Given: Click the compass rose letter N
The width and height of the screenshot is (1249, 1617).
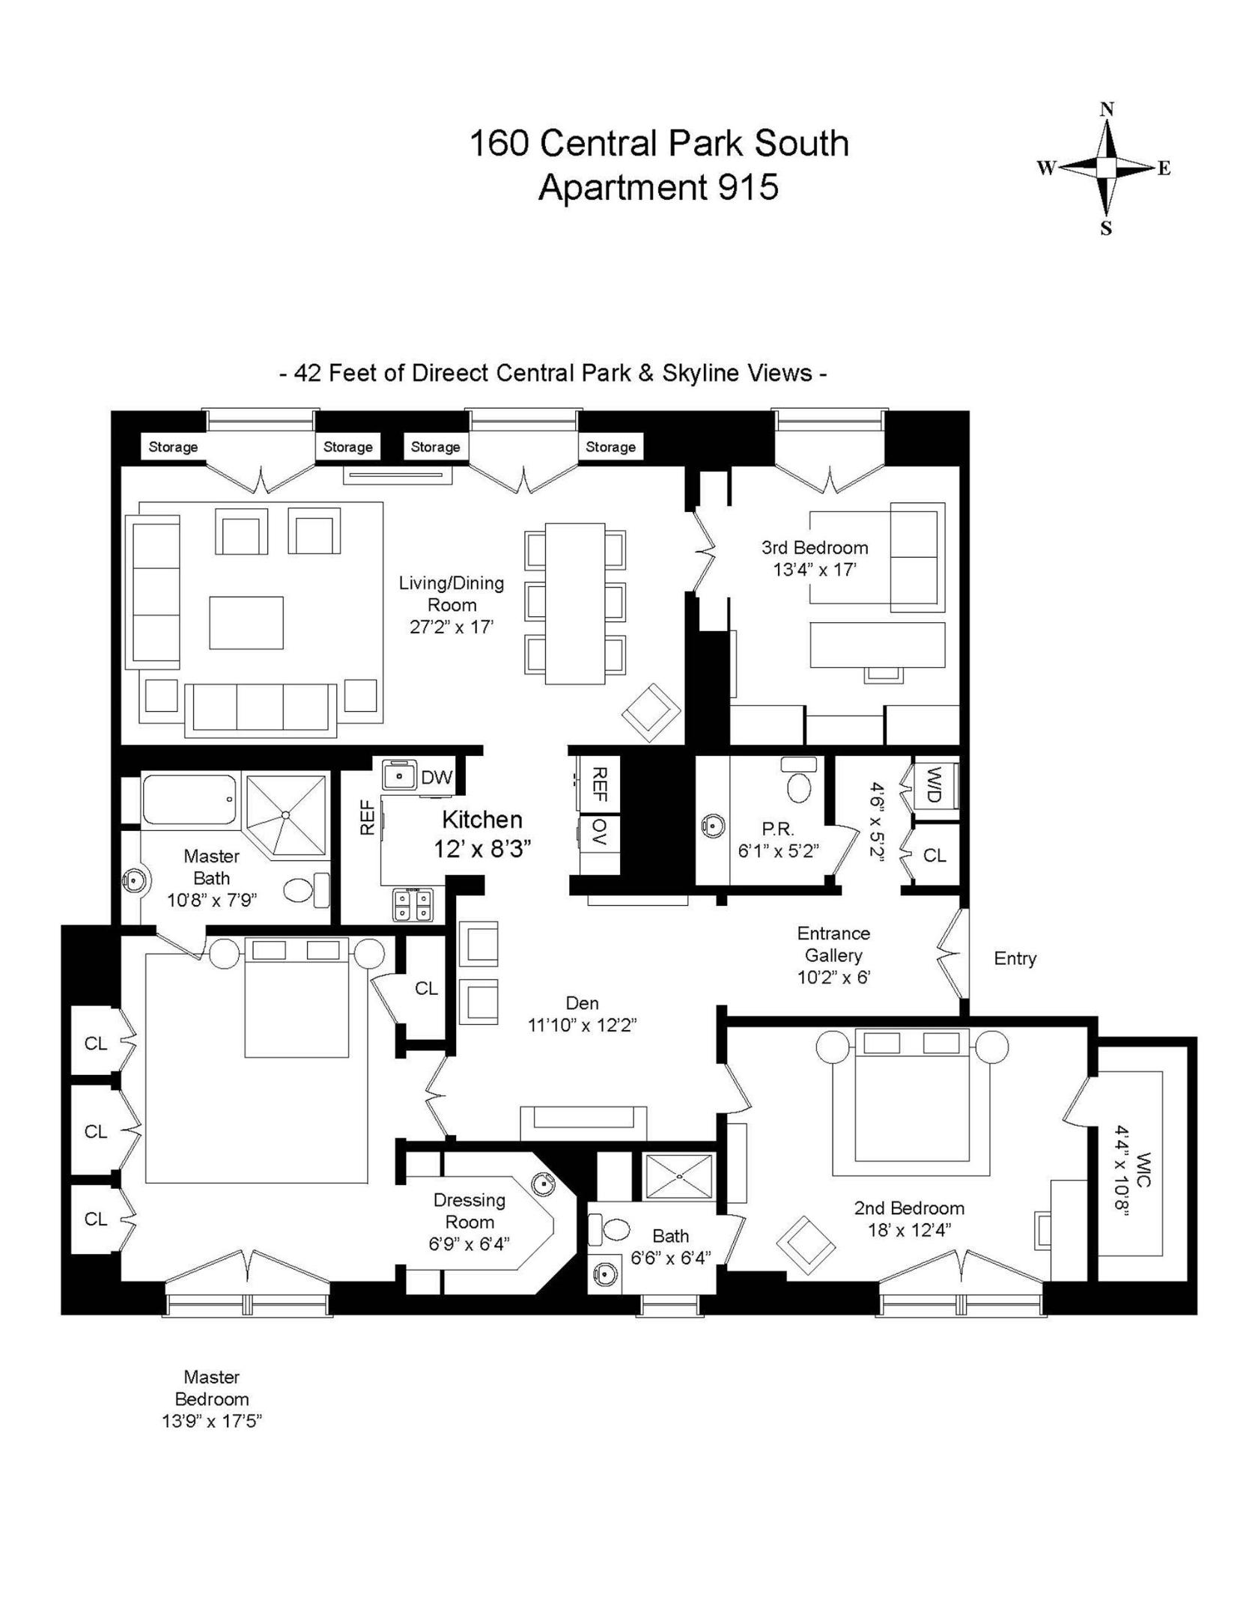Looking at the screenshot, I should point(1106,109).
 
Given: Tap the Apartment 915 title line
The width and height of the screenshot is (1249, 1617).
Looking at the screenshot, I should point(658,187).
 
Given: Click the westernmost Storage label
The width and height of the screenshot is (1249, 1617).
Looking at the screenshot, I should point(173,447).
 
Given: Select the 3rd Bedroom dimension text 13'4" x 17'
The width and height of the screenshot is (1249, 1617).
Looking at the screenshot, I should point(814,570).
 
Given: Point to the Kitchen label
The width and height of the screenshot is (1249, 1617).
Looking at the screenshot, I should point(481,820).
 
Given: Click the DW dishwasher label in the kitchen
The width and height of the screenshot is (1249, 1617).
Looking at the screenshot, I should point(437,778).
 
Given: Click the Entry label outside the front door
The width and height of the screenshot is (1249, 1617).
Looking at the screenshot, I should point(1015,958).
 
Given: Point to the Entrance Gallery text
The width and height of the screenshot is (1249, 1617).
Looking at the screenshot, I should point(833,944).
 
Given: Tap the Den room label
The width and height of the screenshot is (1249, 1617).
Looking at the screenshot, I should point(582,1003).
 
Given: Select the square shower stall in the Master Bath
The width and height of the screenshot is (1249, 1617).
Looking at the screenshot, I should point(287,814).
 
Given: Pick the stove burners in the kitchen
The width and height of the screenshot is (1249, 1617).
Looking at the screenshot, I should point(413,904).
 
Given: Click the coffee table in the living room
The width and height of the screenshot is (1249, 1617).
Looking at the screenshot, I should point(246,623).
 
